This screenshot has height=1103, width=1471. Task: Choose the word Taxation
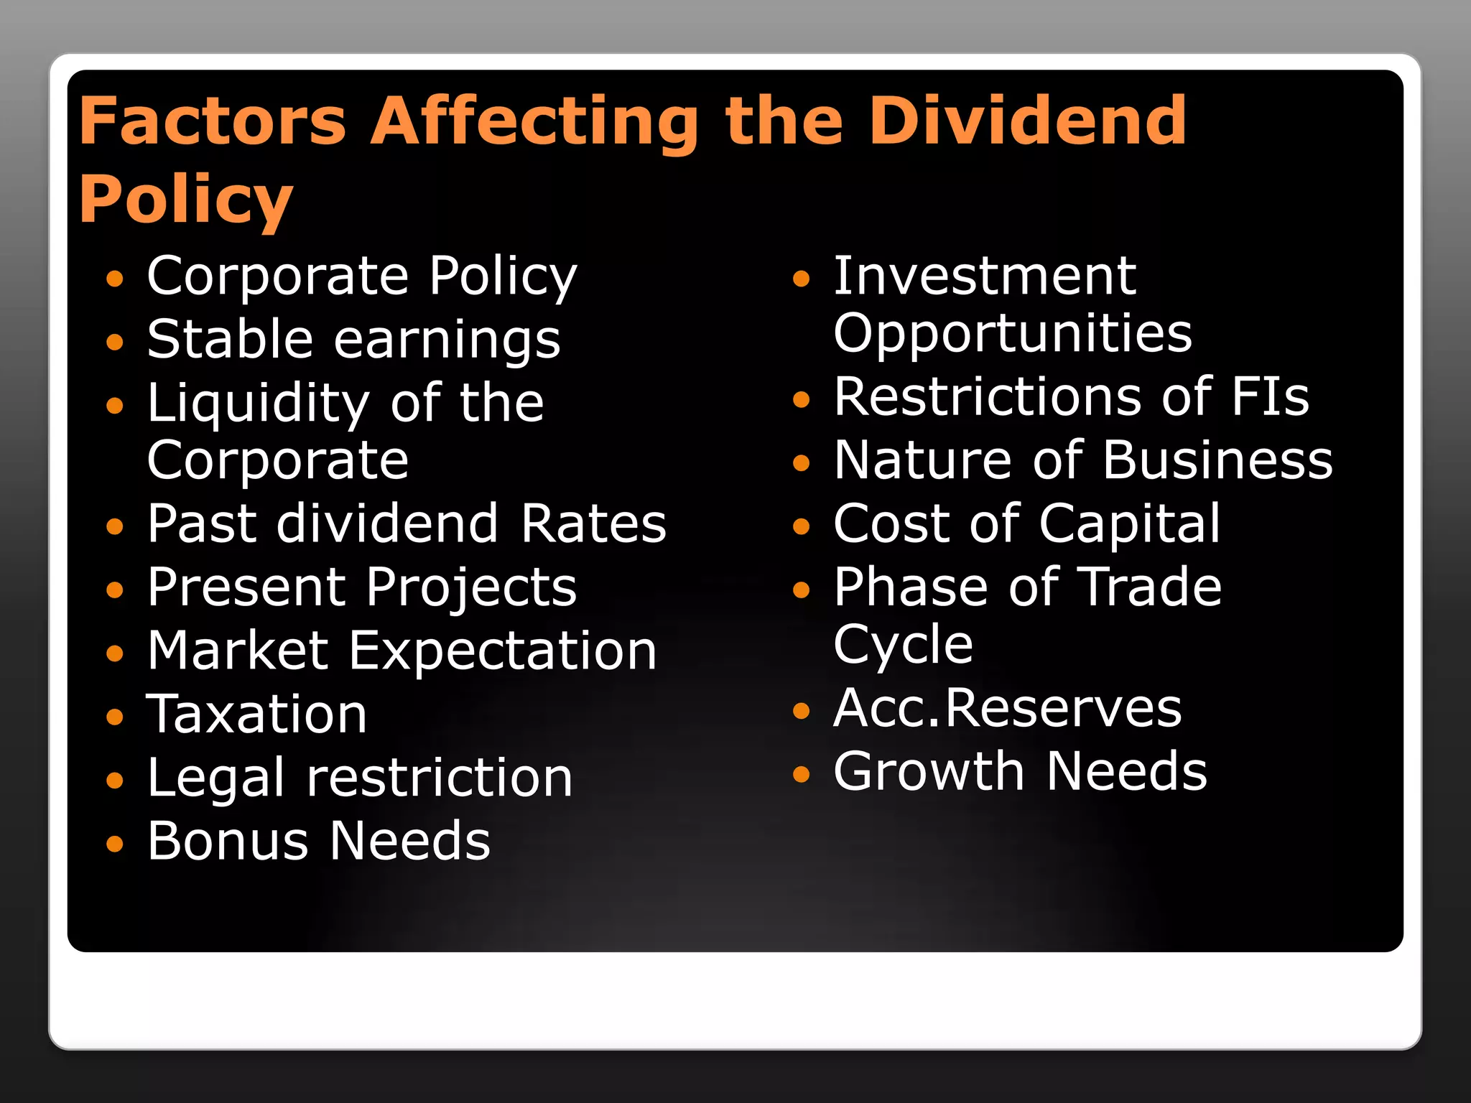pyautogui.click(x=257, y=715)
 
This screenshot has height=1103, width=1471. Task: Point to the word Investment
pyautogui.click(x=985, y=276)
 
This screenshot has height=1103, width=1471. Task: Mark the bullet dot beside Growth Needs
pyautogui.click(x=802, y=774)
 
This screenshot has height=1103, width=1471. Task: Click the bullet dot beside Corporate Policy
pyautogui.click(x=115, y=279)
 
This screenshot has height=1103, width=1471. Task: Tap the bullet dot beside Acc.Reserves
pyautogui.click(x=802, y=711)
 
